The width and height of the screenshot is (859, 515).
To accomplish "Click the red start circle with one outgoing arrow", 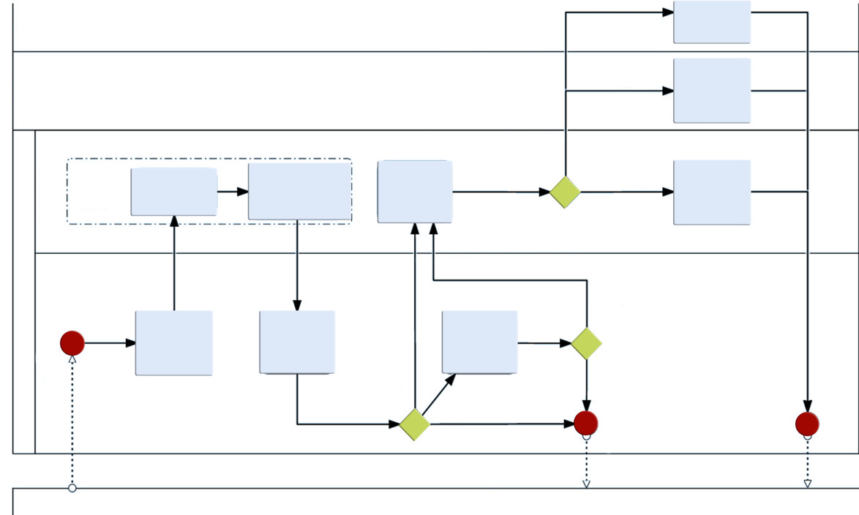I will point(72,342).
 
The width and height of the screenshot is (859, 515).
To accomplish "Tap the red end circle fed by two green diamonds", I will point(586,423).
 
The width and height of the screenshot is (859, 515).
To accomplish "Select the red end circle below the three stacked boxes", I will point(807,424).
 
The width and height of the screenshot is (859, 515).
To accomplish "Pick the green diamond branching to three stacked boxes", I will point(565,192).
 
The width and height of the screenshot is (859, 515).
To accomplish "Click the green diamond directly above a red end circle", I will point(586,343).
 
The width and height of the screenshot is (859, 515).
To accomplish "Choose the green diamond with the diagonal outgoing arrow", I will point(415,424).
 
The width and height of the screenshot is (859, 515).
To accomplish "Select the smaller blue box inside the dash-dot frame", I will point(173,192).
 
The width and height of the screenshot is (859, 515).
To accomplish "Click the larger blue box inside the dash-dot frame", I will point(299,191).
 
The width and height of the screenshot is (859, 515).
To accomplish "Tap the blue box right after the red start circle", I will point(173,343).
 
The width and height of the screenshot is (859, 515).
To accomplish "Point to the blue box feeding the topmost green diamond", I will point(415,192).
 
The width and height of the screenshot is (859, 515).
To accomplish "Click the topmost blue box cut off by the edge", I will point(712,22).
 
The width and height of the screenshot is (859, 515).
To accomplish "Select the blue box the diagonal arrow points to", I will point(479,342).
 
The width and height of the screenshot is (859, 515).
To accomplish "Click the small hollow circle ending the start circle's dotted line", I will point(72,488).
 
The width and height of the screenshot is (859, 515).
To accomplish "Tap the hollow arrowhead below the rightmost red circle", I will point(807,484).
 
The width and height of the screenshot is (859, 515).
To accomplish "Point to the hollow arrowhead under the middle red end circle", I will point(586,484).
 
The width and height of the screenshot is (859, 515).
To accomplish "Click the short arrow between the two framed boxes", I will point(233,192).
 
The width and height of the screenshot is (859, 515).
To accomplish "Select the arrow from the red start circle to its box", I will point(110,342).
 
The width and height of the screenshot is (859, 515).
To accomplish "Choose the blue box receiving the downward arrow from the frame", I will point(297,342).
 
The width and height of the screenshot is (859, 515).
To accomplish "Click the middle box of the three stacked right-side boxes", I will point(712,91).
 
